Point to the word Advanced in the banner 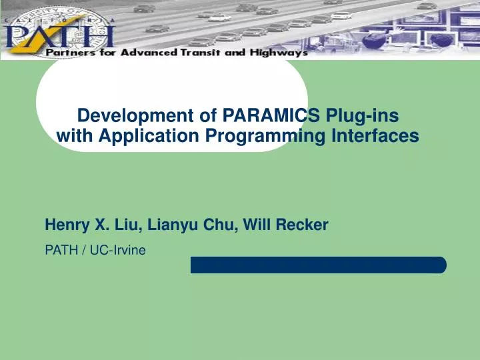[147, 53]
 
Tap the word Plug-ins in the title [363, 117]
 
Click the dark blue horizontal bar [318, 265]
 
